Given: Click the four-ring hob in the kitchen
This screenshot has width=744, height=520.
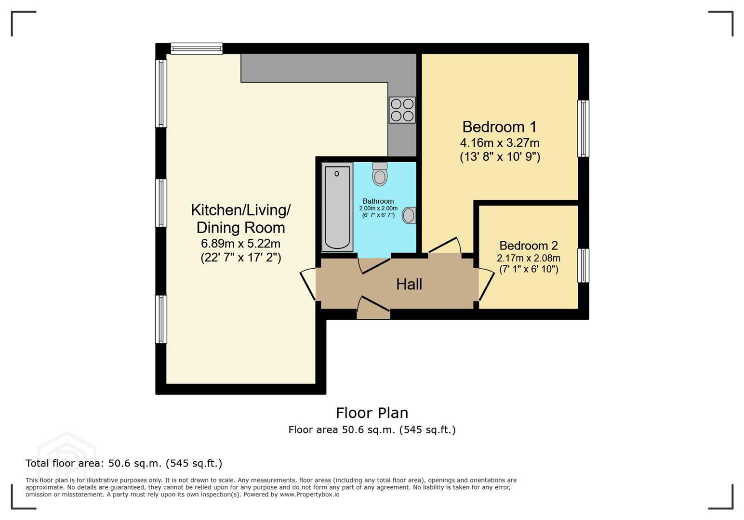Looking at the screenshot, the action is click(402, 110).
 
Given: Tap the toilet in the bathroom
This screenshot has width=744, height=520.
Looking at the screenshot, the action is click(380, 174).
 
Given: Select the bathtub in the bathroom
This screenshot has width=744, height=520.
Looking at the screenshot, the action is click(337, 207).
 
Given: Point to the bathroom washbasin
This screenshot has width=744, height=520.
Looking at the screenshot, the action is click(409, 215).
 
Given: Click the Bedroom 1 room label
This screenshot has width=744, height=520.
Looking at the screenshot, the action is click(500, 127).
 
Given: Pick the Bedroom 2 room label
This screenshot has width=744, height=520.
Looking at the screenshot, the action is click(529, 246).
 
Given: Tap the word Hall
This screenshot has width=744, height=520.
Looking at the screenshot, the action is click(409, 285).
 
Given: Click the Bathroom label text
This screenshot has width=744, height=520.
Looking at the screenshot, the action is click(378, 201).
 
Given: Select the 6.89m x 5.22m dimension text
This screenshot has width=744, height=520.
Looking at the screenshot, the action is click(240, 244).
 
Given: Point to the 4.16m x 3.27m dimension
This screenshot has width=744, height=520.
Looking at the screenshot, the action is click(500, 143).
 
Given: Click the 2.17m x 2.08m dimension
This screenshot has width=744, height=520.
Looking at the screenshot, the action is click(529, 258).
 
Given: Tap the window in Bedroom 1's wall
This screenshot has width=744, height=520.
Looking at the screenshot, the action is click(583, 129).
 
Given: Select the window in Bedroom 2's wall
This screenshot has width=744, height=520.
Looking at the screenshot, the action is click(583, 265).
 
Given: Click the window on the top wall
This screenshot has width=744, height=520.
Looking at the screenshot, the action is click(197, 49).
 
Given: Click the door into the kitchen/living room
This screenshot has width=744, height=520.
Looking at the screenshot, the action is click(308, 284).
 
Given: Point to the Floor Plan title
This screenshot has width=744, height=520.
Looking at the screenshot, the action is click(372, 413).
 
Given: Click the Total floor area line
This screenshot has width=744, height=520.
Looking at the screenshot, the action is click(124, 463).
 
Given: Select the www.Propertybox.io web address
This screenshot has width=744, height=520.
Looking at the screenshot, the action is click(309, 494).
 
